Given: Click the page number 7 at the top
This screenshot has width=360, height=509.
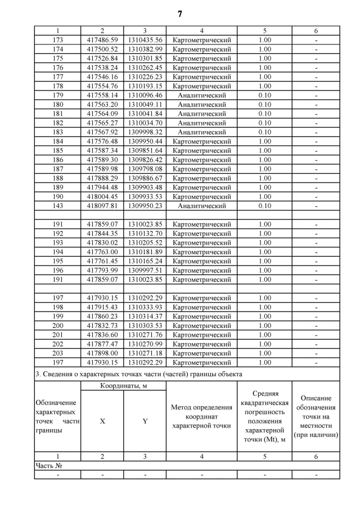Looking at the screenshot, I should (180, 13).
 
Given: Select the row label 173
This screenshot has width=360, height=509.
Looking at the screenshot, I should (57, 40).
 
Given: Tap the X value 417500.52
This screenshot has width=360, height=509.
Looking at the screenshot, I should (102, 49).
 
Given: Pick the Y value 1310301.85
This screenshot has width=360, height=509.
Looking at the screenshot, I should (145, 58).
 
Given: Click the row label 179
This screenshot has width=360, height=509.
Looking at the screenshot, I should (57, 96).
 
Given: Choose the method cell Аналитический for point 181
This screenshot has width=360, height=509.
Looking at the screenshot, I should (202, 114).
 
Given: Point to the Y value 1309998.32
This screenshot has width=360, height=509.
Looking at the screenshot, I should (145, 132).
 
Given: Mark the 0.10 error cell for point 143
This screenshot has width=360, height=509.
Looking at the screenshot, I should (264, 206).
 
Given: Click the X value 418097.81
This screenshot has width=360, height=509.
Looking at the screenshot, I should (102, 206).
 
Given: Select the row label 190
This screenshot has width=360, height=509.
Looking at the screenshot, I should (57, 197).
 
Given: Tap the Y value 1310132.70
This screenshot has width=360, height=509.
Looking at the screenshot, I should (145, 233).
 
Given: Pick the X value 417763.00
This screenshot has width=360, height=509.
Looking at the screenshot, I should (102, 252).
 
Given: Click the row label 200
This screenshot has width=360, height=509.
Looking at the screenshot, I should (57, 326).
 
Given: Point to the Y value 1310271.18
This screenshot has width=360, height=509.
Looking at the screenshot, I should (145, 353).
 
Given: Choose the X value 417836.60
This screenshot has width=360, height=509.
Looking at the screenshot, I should (102, 335).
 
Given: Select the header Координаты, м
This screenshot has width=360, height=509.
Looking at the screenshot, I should (123, 386).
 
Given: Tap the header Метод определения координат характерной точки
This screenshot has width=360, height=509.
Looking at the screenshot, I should (202, 416).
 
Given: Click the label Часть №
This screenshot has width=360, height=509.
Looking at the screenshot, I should (48, 466).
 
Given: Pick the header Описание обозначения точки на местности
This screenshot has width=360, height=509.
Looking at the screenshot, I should (316, 416).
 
